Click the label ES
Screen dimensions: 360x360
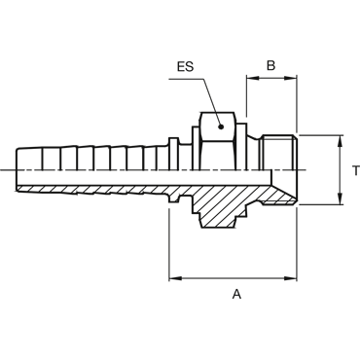185,66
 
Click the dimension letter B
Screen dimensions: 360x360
270,65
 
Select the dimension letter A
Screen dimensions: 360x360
237,294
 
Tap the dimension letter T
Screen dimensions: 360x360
356,170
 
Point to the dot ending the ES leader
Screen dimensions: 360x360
221,126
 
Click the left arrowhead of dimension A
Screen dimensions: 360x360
174,278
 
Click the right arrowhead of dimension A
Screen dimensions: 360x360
291,278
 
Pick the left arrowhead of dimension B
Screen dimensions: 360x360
252,78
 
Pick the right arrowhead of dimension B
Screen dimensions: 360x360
291,78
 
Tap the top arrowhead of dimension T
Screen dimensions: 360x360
340,141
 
